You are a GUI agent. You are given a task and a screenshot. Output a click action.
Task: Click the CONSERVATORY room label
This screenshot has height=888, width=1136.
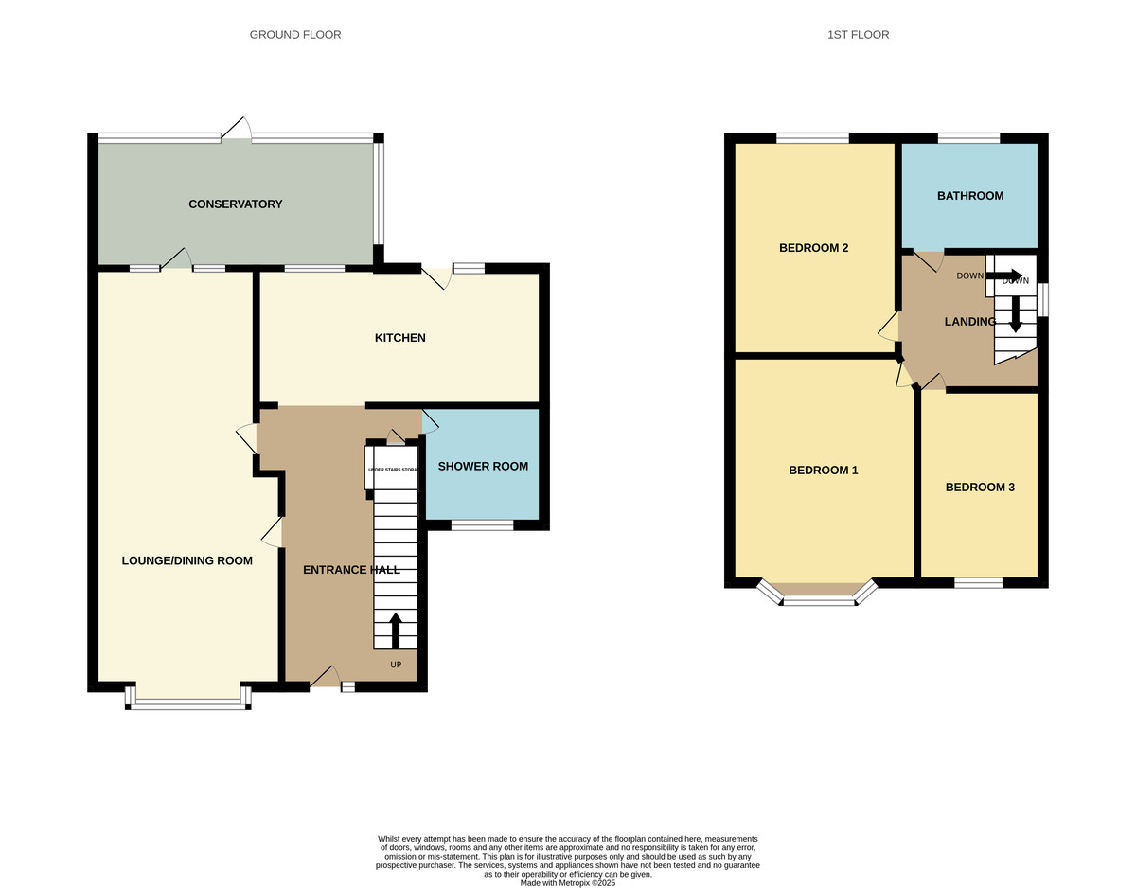(x=235, y=204)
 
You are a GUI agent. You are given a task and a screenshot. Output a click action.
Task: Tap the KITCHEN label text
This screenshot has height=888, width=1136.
(x=399, y=338)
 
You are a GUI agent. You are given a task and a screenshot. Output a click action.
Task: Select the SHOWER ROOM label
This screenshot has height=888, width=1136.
(x=483, y=466)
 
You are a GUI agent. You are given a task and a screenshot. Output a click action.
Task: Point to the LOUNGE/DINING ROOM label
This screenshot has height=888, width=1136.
(x=186, y=560)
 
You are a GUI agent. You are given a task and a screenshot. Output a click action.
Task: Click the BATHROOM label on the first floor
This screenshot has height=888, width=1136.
(x=969, y=196)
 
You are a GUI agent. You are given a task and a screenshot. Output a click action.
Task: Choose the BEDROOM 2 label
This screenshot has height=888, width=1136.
(x=813, y=248)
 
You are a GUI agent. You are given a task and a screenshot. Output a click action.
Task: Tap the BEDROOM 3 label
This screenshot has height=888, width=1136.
(x=980, y=488)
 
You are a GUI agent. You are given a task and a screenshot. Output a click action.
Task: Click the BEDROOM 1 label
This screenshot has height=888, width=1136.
(x=823, y=470)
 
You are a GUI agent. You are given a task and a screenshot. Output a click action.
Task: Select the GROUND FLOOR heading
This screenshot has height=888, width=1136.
(x=295, y=35)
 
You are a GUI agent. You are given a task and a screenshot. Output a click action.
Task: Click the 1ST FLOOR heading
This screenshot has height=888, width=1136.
(x=858, y=35)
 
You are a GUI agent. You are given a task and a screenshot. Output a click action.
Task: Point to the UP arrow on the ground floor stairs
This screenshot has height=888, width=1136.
(x=396, y=630)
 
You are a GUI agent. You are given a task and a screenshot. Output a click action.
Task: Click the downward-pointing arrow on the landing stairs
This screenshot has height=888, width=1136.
(x=1015, y=313)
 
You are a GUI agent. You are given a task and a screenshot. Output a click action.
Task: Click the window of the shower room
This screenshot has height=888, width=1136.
(x=482, y=524)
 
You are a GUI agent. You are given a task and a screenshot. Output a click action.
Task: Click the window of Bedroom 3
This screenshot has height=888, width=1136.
(x=978, y=582)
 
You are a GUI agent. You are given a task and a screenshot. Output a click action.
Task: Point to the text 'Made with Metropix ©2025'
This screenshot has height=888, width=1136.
(x=568, y=882)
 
